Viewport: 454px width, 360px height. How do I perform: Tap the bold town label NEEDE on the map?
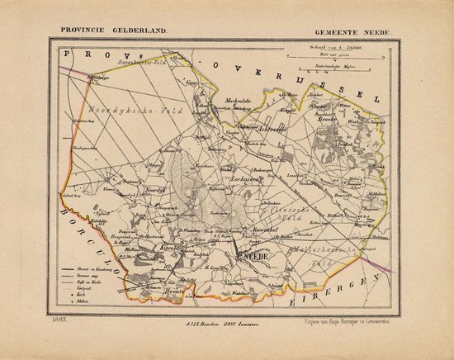click(249, 257)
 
